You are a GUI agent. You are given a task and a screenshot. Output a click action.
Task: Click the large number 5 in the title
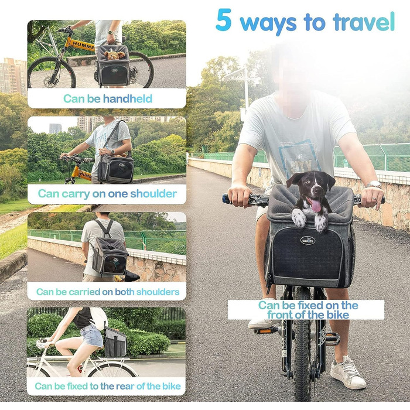(x=224, y=21)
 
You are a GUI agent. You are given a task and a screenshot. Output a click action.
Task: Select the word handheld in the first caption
(x=128, y=99)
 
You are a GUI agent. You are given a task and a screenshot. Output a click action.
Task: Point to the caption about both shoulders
(x=107, y=292)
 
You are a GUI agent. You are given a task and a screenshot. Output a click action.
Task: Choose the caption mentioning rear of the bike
(x=107, y=386)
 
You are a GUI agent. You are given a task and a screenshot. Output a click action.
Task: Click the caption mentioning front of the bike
(x=307, y=310)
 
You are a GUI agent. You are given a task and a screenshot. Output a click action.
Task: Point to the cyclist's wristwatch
(x=374, y=185)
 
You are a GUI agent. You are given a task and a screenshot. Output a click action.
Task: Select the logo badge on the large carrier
(x=307, y=240)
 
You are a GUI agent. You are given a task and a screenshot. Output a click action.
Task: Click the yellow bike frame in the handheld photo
(x=82, y=44)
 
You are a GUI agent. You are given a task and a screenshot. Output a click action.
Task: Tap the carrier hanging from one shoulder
(x=116, y=169)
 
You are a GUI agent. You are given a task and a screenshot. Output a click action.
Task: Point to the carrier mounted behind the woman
(x=115, y=343)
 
